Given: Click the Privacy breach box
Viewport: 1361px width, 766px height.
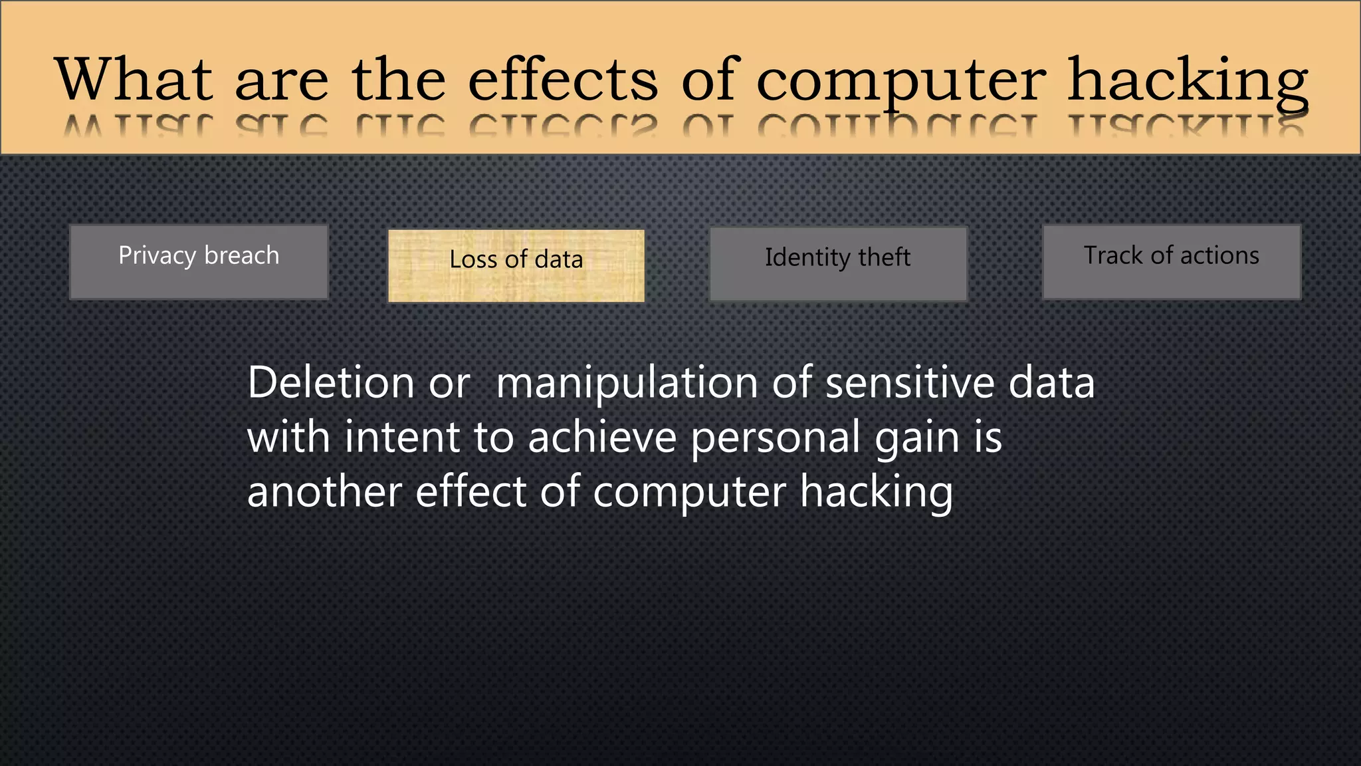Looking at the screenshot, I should (x=199, y=263).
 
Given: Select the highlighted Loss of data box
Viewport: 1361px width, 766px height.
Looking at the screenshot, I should (x=516, y=266).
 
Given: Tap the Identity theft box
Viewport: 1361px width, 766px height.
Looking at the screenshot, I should (x=838, y=264).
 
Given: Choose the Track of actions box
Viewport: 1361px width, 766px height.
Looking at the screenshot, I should (x=1171, y=262).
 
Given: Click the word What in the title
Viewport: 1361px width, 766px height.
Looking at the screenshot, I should (x=134, y=79).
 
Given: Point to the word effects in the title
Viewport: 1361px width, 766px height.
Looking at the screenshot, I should (x=563, y=79).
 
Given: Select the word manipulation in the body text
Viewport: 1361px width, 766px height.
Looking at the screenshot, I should (x=627, y=384).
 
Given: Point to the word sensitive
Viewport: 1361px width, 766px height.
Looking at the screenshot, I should (x=909, y=383).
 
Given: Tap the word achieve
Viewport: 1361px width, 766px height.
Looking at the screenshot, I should (x=602, y=438).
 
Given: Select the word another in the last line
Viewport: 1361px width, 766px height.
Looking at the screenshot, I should (x=324, y=492).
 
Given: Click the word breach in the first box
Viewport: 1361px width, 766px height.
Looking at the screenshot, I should (x=242, y=255).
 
